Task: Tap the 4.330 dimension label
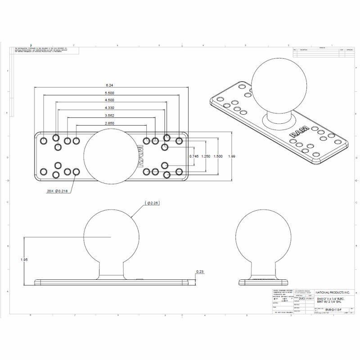point(109,108)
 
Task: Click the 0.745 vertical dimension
point(193,156)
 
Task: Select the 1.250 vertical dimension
point(206,156)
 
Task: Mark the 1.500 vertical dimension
point(218,156)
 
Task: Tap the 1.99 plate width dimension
point(232,156)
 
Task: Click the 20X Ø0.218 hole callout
point(58,191)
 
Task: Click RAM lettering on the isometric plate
point(299,134)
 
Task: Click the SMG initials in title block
point(302,298)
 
